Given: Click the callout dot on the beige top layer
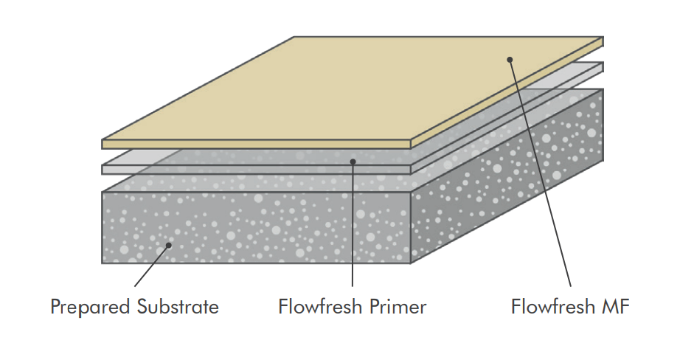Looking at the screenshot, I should tap(510, 58).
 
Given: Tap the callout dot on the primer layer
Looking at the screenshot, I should tap(353, 160).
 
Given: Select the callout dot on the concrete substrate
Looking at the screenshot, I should tap(169, 246).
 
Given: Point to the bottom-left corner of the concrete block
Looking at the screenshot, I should tap(103, 262).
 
